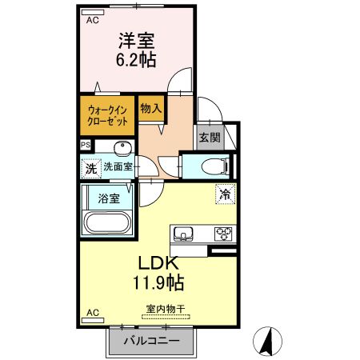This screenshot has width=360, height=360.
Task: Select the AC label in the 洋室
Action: coord(92,18)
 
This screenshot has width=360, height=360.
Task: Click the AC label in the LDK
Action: coord(92,312)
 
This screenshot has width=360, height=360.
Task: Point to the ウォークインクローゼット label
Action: coord(107,114)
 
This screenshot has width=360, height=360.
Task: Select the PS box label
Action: coord(85,145)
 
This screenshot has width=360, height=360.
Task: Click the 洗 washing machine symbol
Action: coord(90,169)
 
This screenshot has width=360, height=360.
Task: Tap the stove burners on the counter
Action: coord(223,234)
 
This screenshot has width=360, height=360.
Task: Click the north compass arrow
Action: coord(269,341)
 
